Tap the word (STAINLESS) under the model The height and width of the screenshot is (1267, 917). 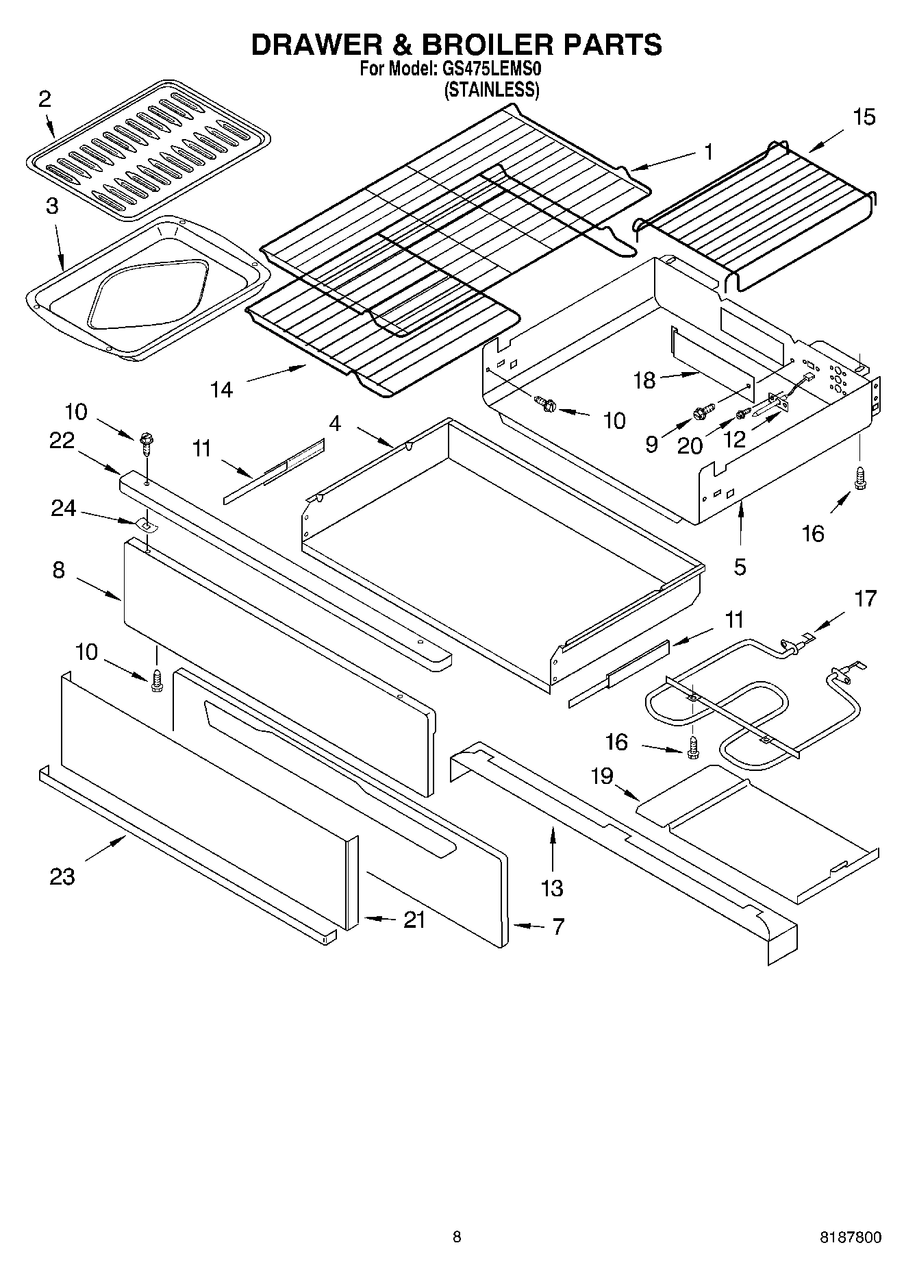click(492, 90)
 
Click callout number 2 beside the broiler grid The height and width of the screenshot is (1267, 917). click(45, 100)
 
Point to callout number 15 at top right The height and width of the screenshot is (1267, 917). click(864, 117)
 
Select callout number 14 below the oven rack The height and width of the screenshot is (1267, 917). click(221, 390)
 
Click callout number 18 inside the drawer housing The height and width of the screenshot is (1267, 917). click(644, 380)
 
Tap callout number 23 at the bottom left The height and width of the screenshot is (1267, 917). click(62, 876)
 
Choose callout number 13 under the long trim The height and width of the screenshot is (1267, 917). click(551, 887)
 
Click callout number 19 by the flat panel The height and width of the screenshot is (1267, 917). click(602, 776)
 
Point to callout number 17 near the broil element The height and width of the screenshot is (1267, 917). click(866, 599)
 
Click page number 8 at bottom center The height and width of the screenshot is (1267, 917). click(457, 1237)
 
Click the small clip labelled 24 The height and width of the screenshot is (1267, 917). click(146, 525)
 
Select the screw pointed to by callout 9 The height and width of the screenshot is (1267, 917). click(701, 413)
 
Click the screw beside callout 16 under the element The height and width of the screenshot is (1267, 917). click(692, 746)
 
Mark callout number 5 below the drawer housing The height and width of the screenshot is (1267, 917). click(740, 567)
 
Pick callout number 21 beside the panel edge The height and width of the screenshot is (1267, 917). click(414, 920)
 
